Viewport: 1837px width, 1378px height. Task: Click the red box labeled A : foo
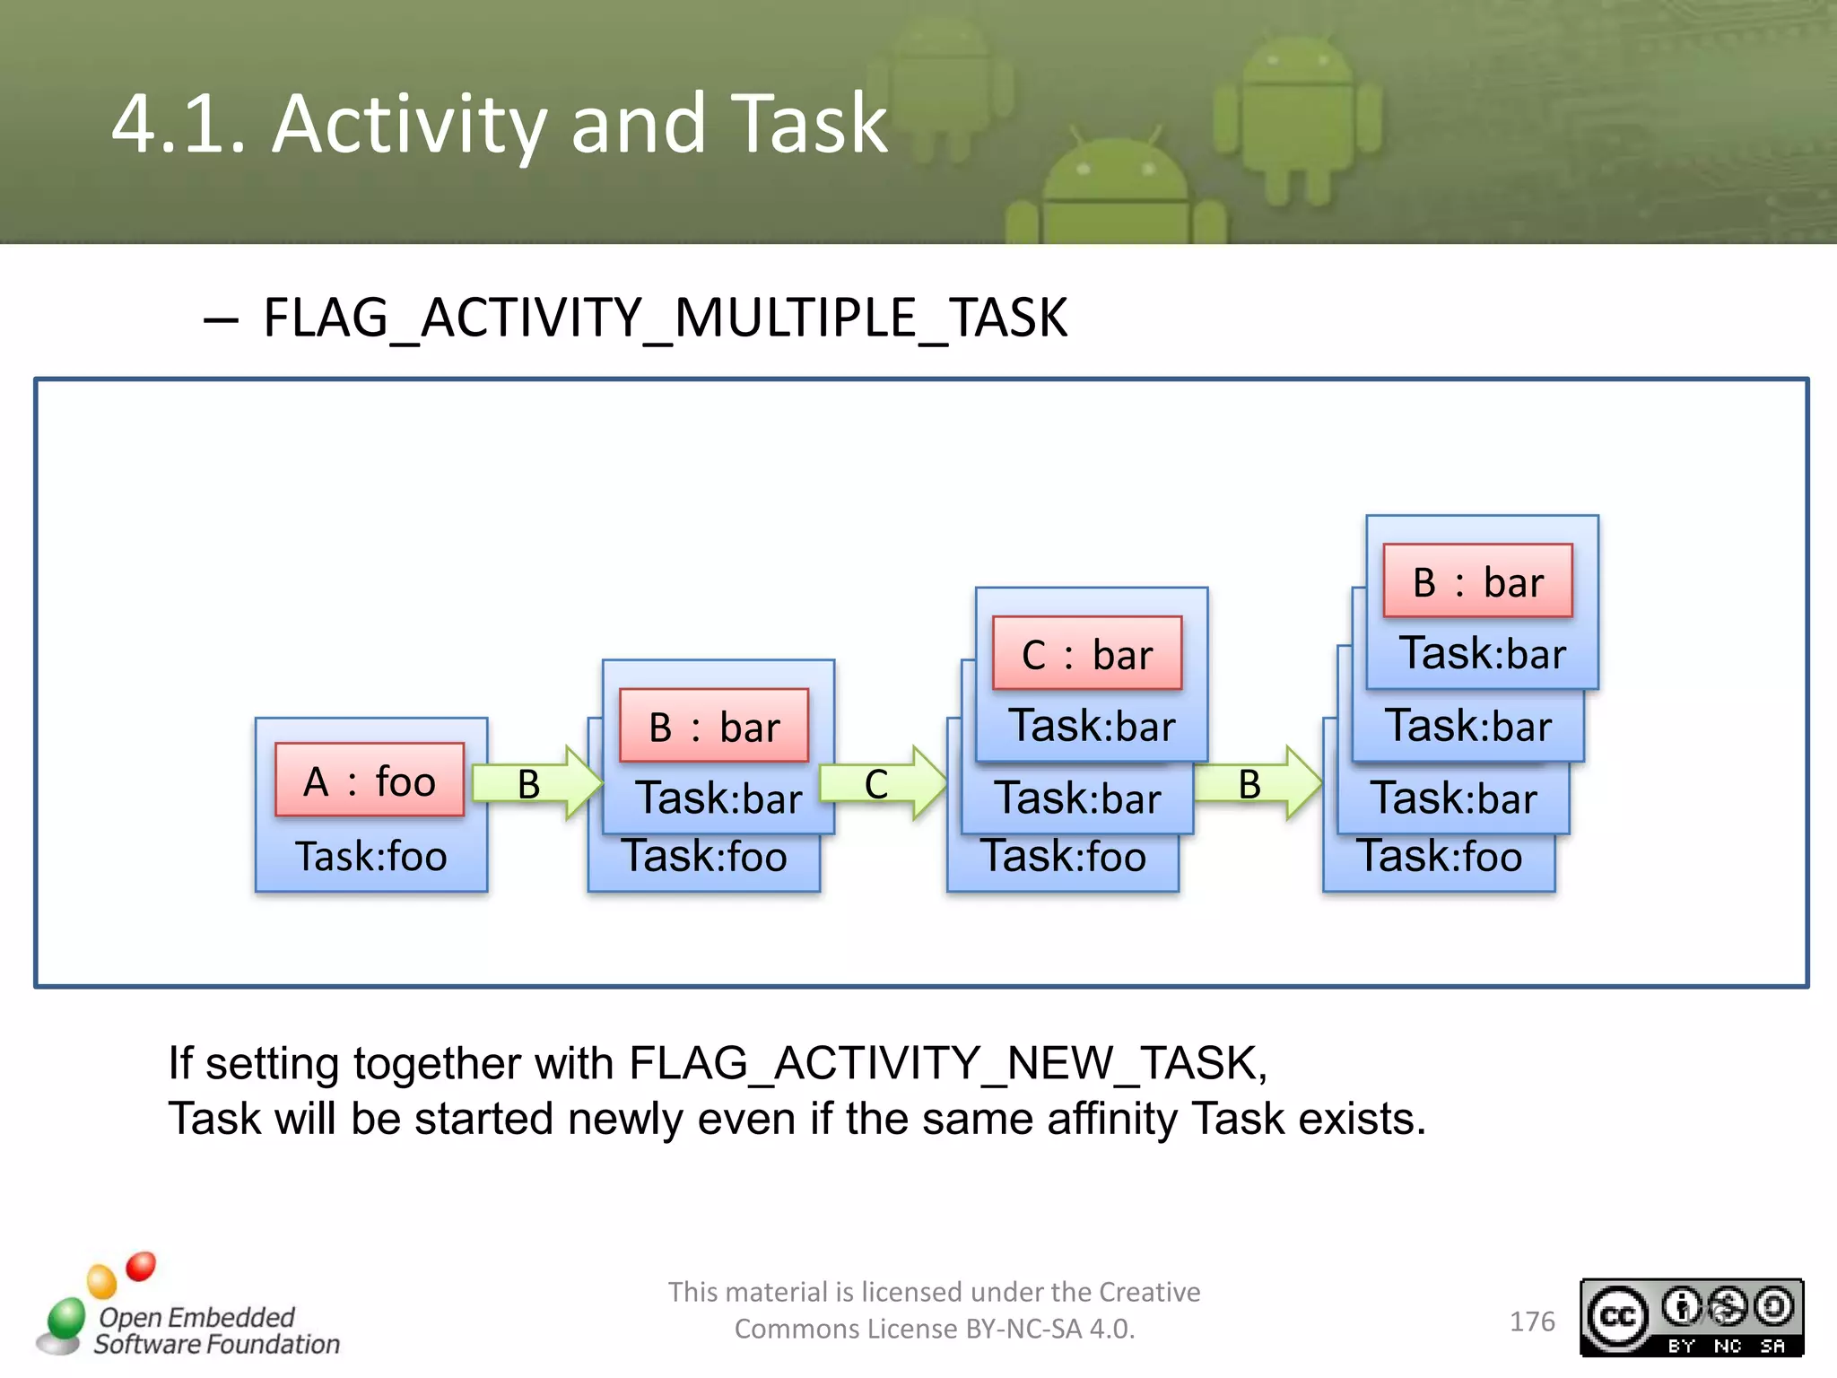tap(369, 780)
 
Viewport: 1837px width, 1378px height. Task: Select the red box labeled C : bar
tap(1086, 653)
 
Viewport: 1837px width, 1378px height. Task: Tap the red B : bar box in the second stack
tap(713, 726)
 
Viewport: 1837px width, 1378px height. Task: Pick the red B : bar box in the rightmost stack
tap(1477, 580)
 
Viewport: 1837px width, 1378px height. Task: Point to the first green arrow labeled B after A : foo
tap(535, 783)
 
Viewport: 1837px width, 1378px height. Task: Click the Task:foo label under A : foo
tap(370, 856)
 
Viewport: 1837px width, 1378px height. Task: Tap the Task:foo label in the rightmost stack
tap(1439, 856)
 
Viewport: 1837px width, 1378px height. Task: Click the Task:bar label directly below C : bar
tap(1092, 726)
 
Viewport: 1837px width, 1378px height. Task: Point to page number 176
tap(1531, 1321)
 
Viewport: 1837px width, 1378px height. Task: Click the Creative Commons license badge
tap(1691, 1317)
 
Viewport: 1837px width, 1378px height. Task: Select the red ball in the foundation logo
tap(141, 1266)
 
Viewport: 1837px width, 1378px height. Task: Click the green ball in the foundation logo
tap(66, 1317)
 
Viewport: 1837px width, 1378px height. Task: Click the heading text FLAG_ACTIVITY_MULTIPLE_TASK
tap(665, 318)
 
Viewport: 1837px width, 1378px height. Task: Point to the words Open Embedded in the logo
tap(196, 1317)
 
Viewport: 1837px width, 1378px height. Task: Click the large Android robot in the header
tap(1296, 117)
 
